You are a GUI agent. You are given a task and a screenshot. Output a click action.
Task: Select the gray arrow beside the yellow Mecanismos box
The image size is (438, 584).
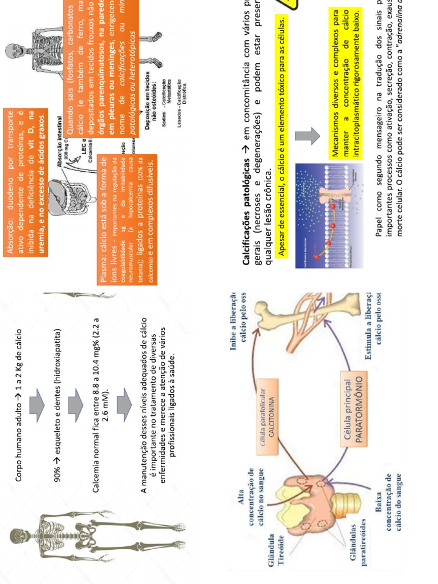click(307, 136)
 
